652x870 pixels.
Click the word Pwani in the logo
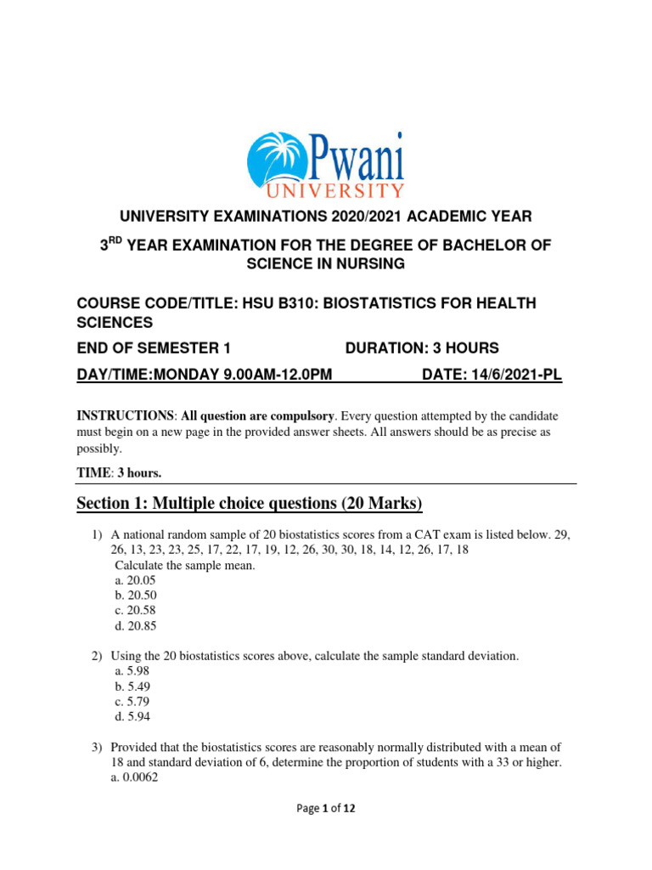click(351, 157)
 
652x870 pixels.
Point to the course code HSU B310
click(277, 303)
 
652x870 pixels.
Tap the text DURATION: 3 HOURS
click(422, 348)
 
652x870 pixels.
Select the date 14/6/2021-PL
click(492, 375)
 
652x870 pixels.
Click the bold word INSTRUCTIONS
click(125, 416)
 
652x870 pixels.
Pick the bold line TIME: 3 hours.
click(119, 473)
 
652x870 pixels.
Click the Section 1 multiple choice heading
click(250, 504)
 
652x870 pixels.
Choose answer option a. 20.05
click(135, 580)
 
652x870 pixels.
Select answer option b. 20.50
click(135, 596)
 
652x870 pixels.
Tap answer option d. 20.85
click(135, 626)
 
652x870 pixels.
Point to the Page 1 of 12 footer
click(326, 810)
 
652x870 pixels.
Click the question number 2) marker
click(97, 656)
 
